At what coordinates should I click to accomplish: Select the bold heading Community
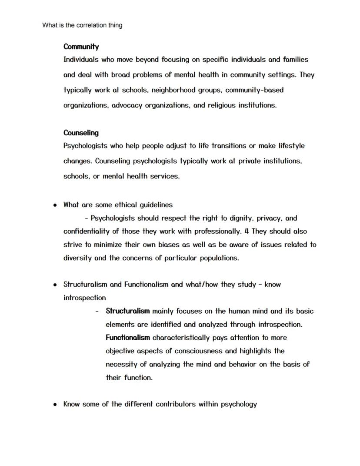coord(81,47)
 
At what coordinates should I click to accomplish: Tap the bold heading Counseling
coord(81,133)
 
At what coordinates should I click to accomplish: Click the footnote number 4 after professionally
coord(246,231)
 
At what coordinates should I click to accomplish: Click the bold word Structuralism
coord(128,311)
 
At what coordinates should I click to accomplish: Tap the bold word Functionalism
coord(128,338)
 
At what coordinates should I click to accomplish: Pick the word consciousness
coord(199,351)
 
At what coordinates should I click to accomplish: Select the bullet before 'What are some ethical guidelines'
coord(55,205)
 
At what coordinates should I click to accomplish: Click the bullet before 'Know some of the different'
coord(55,405)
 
